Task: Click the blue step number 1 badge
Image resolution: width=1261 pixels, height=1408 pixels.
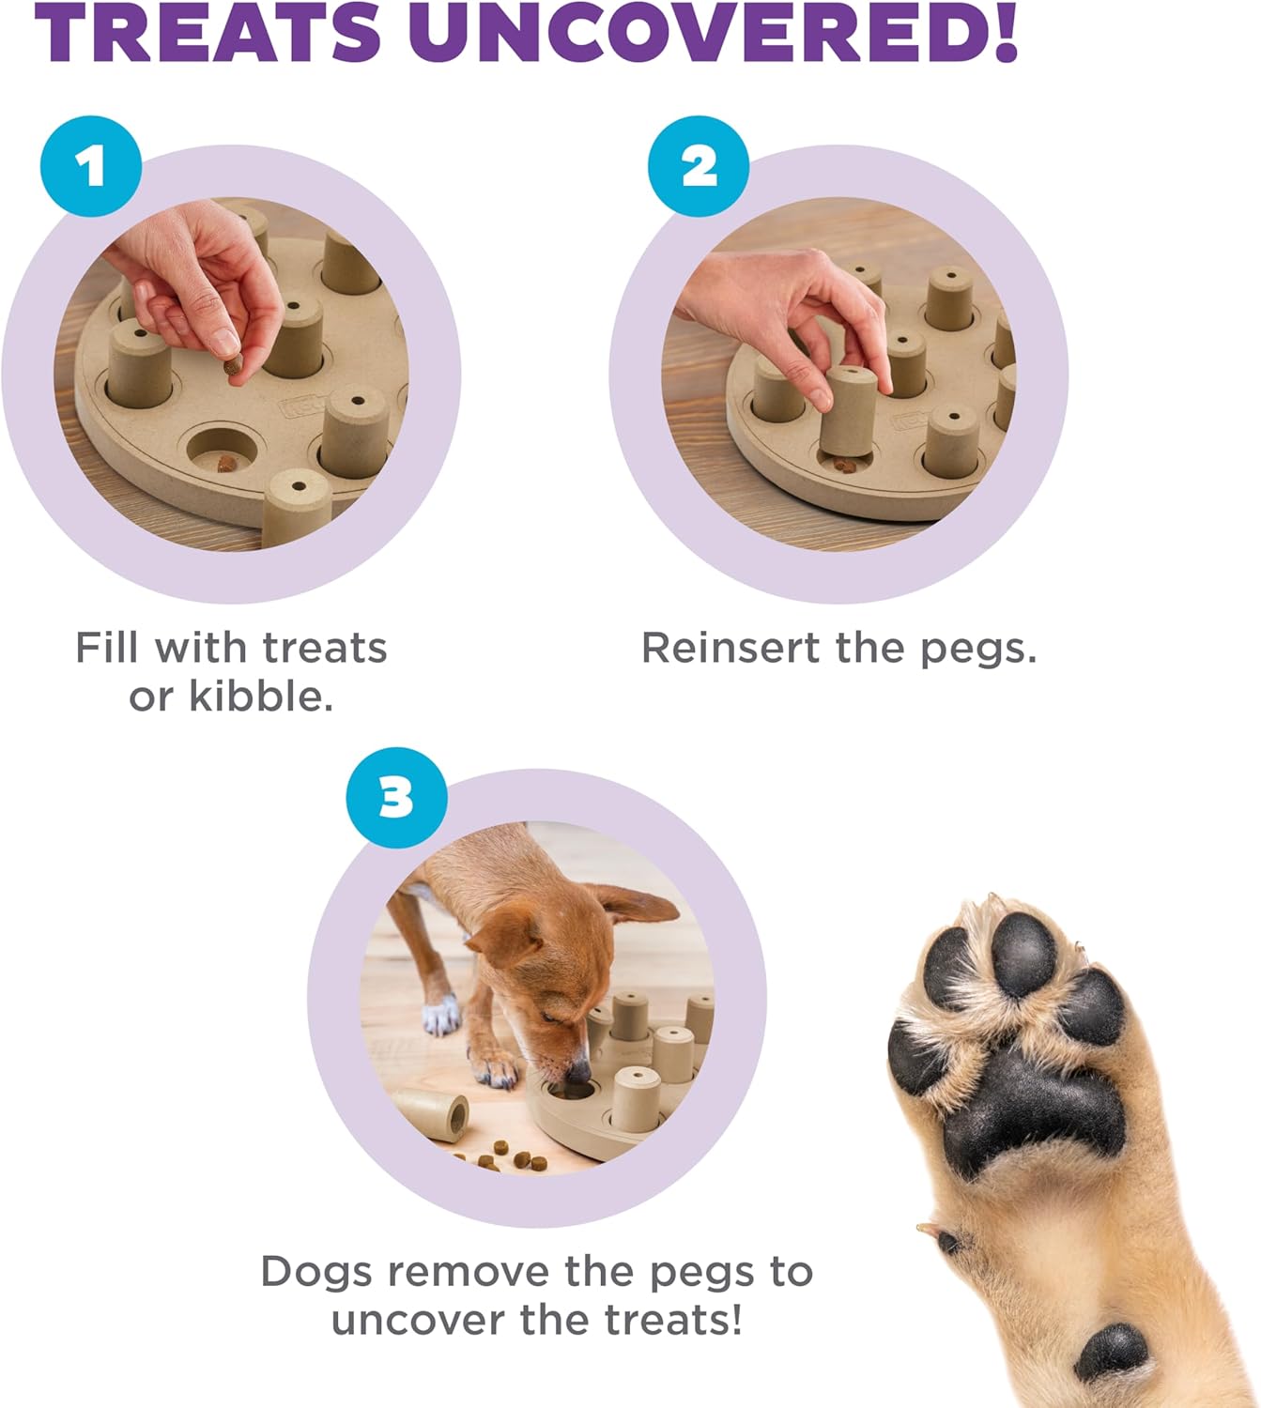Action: tap(91, 167)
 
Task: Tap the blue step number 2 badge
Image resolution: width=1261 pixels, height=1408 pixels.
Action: tap(699, 167)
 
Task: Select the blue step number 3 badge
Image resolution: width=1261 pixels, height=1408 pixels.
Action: tap(396, 798)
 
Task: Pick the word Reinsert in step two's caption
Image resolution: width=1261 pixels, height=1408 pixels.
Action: tap(730, 648)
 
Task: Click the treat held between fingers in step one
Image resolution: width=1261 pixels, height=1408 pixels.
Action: tap(232, 370)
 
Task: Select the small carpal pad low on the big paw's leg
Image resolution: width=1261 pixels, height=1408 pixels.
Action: tap(1113, 1350)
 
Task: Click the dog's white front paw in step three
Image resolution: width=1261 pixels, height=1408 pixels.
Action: tap(441, 1017)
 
